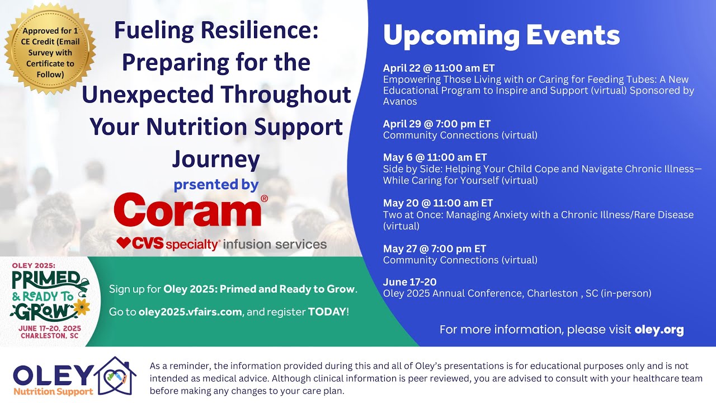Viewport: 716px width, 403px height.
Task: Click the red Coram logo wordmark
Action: pyautogui.click(x=188, y=209)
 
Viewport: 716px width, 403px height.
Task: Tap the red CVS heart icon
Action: pyautogui.click(x=123, y=243)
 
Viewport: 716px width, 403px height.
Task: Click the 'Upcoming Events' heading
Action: pyautogui.click(x=501, y=36)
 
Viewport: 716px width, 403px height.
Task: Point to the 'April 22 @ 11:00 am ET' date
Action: pyautogui.click(x=439, y=68)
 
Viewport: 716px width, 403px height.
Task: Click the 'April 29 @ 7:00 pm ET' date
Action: pyautogui.click(x=436, y=124)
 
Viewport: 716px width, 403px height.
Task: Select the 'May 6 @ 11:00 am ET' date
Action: pyautogui.click(x=435, y=157)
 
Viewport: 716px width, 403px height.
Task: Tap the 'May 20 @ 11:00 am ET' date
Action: pyautogui.click(x=437, y=203)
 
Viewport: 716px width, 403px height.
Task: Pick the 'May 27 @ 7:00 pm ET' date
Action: pyautogui.click(x=435, y=249)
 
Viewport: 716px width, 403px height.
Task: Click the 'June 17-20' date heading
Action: pyautogui.click(x=409, y=282)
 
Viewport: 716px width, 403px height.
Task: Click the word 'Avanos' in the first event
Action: pyautogui.click(x=400, y=102)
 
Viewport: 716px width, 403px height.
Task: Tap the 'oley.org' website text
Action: pyautogui.click(x=659, y=330)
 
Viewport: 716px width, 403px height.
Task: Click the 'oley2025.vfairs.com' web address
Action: pyautogui.click(x=190, y=312)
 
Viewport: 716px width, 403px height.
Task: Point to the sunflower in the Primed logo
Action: pyautogui.click(x=83, y=306)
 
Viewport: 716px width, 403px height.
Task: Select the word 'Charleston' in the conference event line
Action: pyautogui.click(x=549, y=293)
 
